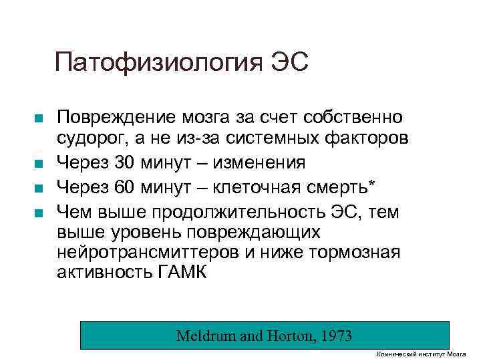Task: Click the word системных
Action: [x=279, y=140]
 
